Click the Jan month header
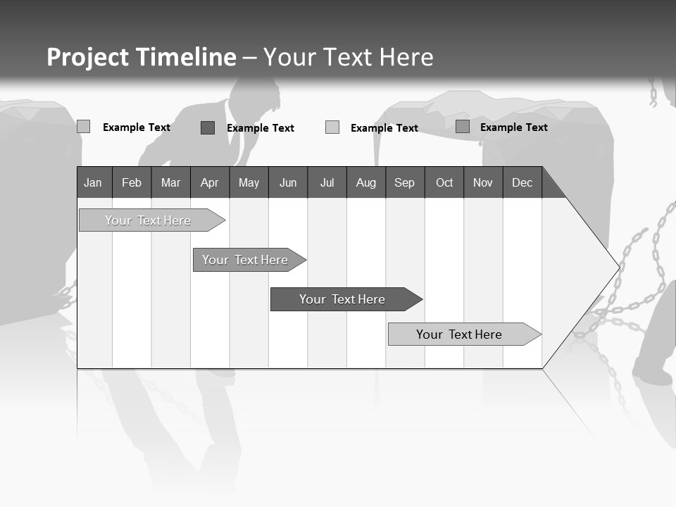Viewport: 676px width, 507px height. pos(93,182)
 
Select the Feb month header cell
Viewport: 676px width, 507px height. pos(132,182)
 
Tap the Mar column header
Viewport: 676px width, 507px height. pos(170,182)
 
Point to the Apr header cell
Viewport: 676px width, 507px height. pos(209,182)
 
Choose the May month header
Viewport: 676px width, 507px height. pos(249,182)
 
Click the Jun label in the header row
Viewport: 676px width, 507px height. pos(288,182)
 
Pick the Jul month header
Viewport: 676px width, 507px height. pos(327,182)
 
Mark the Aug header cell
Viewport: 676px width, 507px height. pos(366,182)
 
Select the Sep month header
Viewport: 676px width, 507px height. pos(405,182)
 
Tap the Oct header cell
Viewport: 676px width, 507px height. pos(444,182)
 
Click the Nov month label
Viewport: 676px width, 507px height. pos(483,182)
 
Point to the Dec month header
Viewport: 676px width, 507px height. pos(522,182)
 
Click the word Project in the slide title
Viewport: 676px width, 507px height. pos(87,57)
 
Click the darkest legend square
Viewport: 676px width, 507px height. pos(208,127)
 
